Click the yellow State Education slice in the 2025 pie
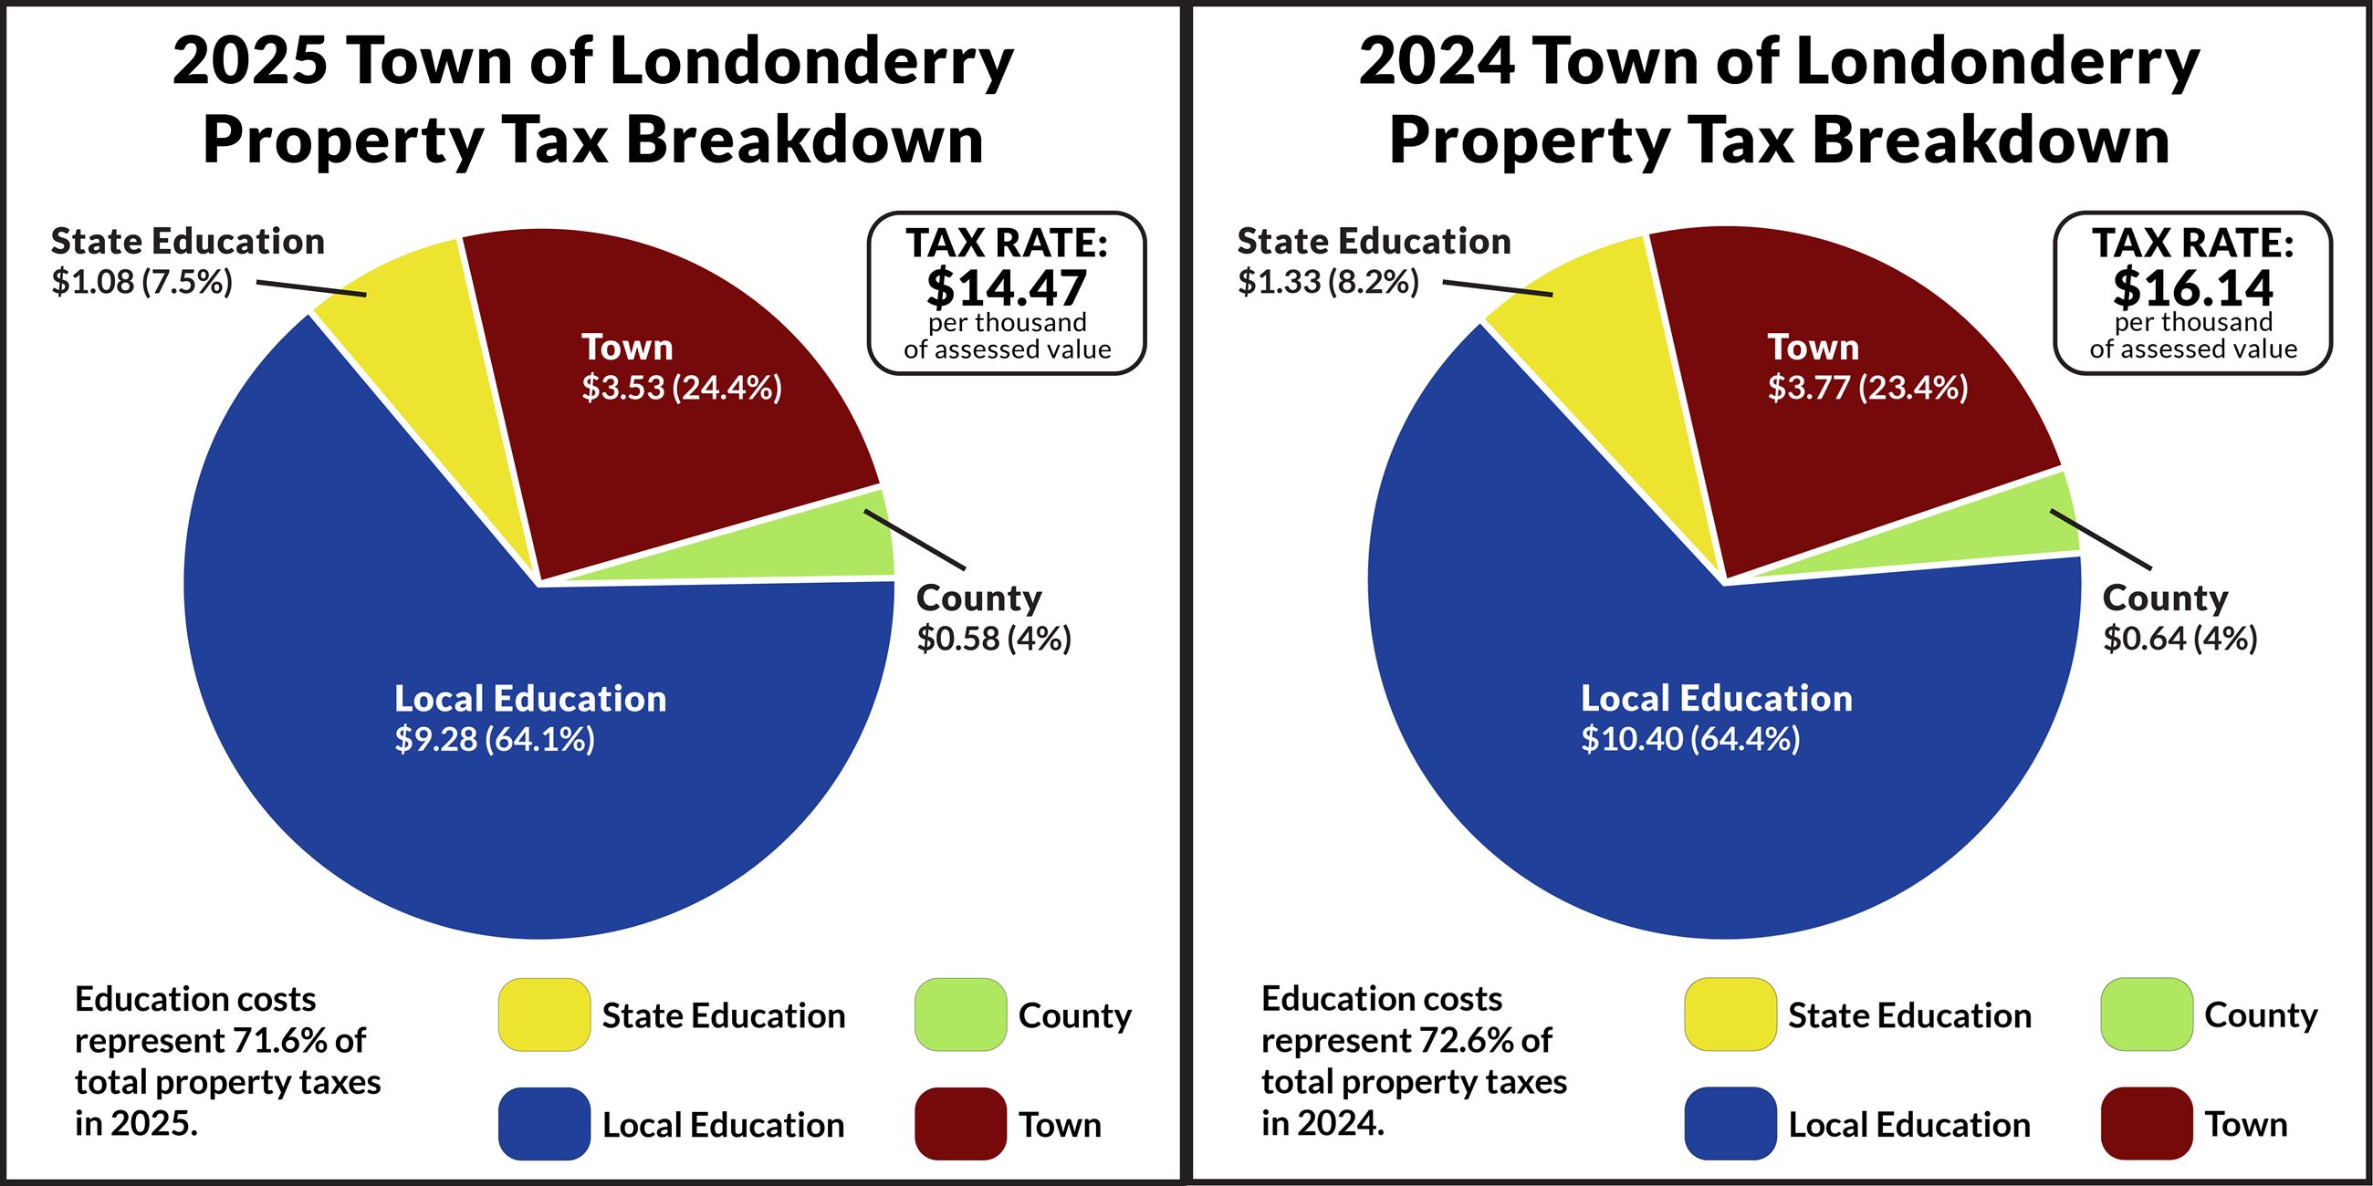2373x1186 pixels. coord(433,369)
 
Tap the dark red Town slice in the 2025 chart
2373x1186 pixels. coord(664,461)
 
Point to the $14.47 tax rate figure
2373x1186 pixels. coord(1006,287)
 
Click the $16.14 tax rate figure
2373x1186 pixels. coord(2192,287)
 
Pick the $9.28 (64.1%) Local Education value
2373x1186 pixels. coord(495,739)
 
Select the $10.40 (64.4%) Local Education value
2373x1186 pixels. coord(1690,739)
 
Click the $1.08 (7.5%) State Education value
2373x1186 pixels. coord(141,282)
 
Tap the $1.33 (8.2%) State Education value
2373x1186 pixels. coord(1328,282)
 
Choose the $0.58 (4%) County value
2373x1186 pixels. coord(994,638)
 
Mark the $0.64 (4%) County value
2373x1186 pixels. coord(2180,638)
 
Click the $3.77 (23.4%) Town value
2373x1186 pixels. coord(1867,388)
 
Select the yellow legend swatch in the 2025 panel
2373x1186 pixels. coord(545,1014)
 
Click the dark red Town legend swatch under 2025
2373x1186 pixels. coord(961,1123)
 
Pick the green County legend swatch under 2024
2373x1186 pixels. coord(2148,1014)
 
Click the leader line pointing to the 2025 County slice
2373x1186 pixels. coord(915,539)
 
